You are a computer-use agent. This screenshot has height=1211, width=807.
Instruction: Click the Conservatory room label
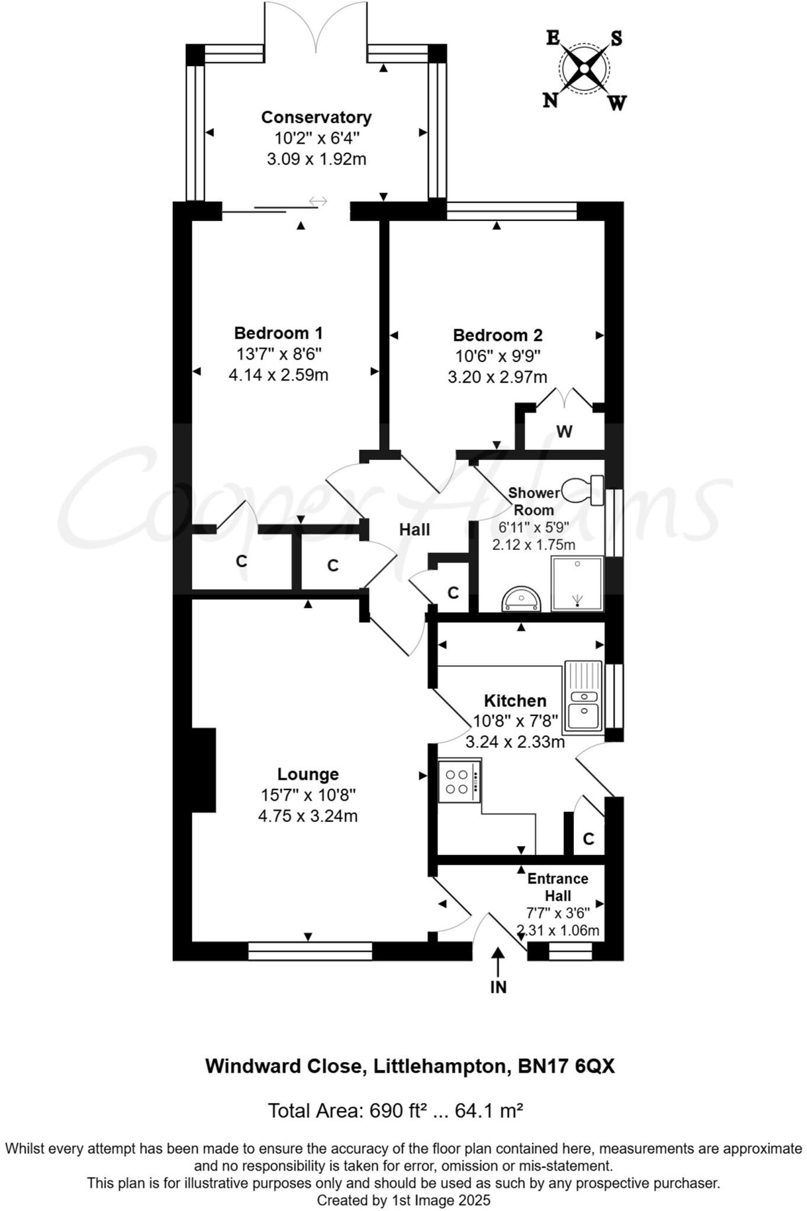tap(317, 117)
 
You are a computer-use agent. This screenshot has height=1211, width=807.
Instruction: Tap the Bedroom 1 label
tap(278, 333)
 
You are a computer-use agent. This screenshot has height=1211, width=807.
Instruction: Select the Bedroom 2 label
tap(498, 335)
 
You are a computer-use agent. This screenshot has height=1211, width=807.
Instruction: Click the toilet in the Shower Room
tap(583, 490)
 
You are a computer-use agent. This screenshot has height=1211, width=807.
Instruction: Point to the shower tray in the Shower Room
tap(577, 583)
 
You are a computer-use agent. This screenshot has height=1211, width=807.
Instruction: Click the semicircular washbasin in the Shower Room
tap(521, 600)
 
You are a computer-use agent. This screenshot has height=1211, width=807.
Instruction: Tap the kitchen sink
tap(583, 698)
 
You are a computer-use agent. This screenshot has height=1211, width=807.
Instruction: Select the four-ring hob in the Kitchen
tap(459, 781)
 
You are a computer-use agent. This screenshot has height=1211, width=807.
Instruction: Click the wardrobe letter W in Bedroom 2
tap(564, 432)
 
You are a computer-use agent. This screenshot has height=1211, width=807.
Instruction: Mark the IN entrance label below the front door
tap(498, 987)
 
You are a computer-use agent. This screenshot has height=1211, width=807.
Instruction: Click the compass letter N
tap(551, 101)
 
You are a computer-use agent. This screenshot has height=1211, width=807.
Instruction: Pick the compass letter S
tap(616, 38)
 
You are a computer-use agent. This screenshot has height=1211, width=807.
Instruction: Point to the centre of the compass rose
tap(584, 69)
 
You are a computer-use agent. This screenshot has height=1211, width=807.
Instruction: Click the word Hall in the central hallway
tap(414, 530)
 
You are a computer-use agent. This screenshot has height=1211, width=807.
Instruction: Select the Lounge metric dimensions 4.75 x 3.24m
tap(308, 816)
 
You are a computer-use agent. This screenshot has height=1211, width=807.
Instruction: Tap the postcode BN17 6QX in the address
tap(566, 1066)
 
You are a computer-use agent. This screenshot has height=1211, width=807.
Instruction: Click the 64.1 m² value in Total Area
tap(488, 1110)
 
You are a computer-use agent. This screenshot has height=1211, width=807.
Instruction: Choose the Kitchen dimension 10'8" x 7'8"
tap(515, 721)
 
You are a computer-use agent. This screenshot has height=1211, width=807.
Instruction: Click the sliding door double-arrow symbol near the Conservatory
tap(318, 202)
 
